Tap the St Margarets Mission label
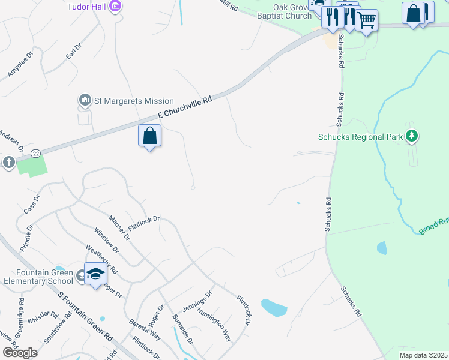134,101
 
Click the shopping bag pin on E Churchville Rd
149,136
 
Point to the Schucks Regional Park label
360,137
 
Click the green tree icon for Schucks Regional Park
411,137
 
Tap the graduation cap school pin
95,274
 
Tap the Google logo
20,352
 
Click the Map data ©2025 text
424,355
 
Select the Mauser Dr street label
119,227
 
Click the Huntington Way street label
214,326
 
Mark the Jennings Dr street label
197,301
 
